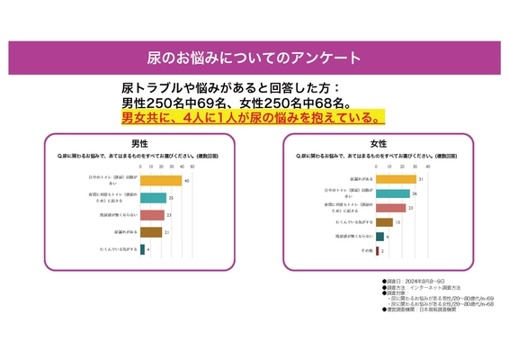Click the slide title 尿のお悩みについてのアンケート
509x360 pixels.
point(254,58)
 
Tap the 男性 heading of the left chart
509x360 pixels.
point(140,144)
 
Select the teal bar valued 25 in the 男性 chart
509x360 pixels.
point(153,198)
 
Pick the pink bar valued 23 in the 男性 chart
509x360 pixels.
point(152,215)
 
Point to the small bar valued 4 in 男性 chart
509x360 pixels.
point(142,249)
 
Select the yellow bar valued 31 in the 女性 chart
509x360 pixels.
point(397,179)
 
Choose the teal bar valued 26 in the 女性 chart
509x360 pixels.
point(393,193)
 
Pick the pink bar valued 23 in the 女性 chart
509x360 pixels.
point(391,208)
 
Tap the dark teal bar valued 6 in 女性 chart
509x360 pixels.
point(380,237)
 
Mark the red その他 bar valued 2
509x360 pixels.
point(378,251)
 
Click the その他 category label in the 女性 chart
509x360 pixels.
point(366,251)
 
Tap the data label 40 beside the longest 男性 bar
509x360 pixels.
point(184,181)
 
